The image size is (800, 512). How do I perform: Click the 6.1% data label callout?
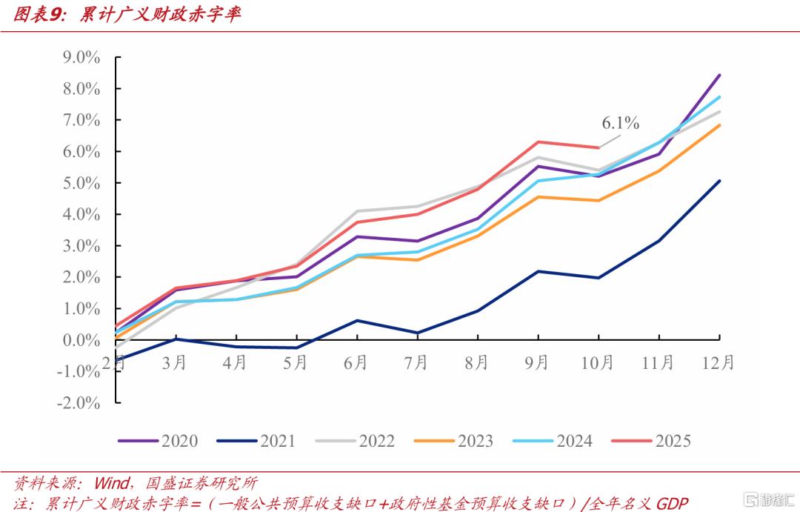click(620, 123)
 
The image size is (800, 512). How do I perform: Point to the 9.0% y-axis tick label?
click(81, 57)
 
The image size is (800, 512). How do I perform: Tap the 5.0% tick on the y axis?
click(81, 183)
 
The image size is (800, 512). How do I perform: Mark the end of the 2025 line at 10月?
click(599, 147)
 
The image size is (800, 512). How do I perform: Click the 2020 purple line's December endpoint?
click(719, 75)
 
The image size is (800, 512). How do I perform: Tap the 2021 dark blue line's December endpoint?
click(719, 181)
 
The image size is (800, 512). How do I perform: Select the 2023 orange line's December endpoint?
click(719, 125)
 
